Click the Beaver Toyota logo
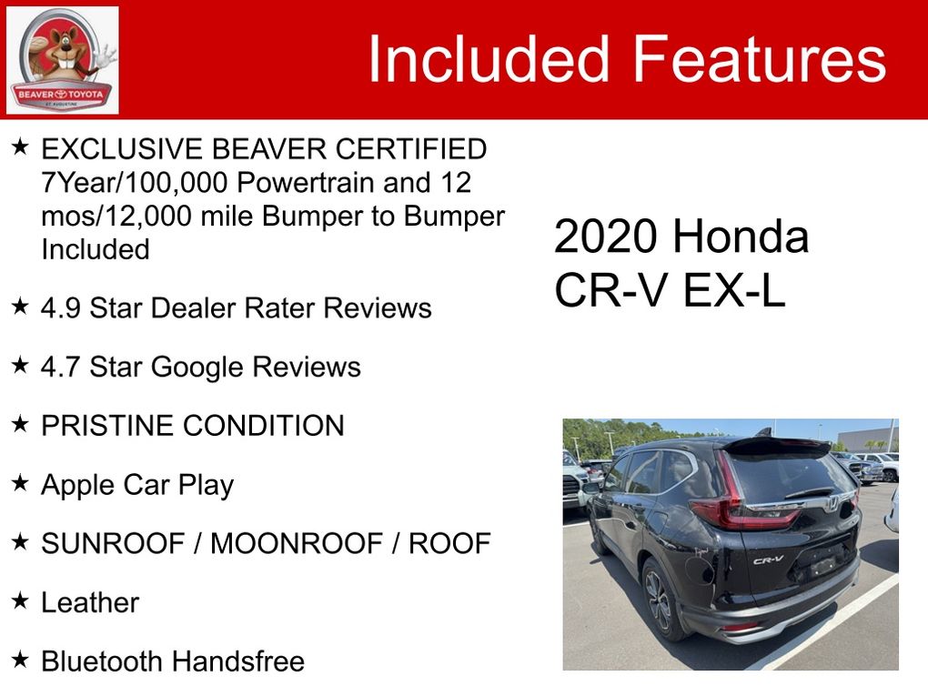[x=62, y=60]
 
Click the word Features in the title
[x=760, y=58]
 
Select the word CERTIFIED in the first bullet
[x=410, y=149]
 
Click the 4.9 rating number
[x=60, y=308]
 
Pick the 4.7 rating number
[x=60, y=367]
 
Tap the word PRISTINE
[x=107, y=426]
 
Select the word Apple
[x=77, y=486]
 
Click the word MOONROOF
[x=297, y=543]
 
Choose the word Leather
[x=90, y=602]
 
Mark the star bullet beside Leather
[x=20, y=600]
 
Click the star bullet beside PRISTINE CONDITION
[x=20, y=424]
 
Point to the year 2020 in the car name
[x=606, y=237]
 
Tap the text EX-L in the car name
[x=734, y=289]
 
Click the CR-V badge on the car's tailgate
[x=768, y=560]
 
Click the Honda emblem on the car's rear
[x=832, y=504]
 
